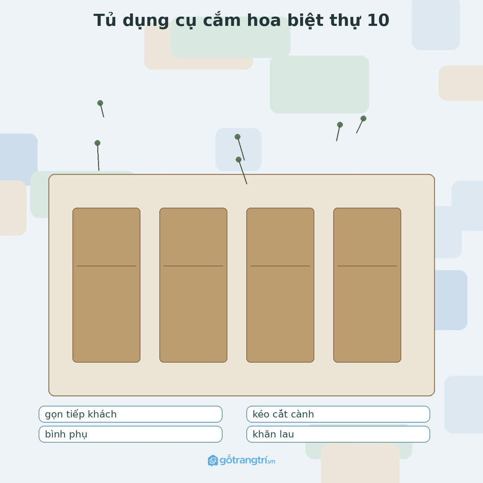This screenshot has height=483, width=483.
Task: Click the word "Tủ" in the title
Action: pyautogui.click(x=105, y=20)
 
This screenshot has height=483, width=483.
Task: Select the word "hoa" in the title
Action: pyautogui.click(x=264, y=20)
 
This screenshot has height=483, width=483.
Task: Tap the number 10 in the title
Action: pyautogui.click(x=378, y=20)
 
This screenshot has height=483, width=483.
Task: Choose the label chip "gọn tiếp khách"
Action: pyautogui.click(x=130, y=414)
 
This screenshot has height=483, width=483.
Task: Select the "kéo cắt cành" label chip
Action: pyautogui.click(x=338, y=414)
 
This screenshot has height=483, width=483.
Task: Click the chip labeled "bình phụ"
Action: pyautogui.click(x=130, y=434)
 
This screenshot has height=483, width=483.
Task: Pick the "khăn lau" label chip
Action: pyautogui.click(x=338, y=434)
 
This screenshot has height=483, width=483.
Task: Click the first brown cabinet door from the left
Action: pyautogui.click(x=106, y=285)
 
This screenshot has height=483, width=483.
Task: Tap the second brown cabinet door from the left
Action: pyautogui.click(x=193, y=285)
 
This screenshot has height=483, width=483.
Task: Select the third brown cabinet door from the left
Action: pyautogui.click(x=280, y=285)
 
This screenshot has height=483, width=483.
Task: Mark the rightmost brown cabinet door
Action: pyautogui.click(x=367, y=285)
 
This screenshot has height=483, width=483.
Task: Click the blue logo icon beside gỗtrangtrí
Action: pyautogui.click(x=213, y=461)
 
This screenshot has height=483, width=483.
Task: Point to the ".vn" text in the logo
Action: pyautogui.click(x=271, y=462)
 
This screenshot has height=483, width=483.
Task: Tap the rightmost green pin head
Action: pyautogui.click(x=364, y=119)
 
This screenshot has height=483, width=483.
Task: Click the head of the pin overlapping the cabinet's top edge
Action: pyautogui.click(x=238, y=160)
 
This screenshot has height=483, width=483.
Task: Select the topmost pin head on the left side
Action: pyautogui.click(x=100, y=103)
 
